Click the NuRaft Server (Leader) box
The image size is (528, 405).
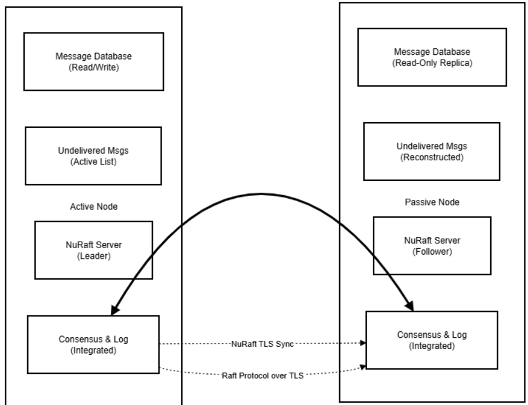click(94, 250)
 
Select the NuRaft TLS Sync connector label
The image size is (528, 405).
click(263, 343)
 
